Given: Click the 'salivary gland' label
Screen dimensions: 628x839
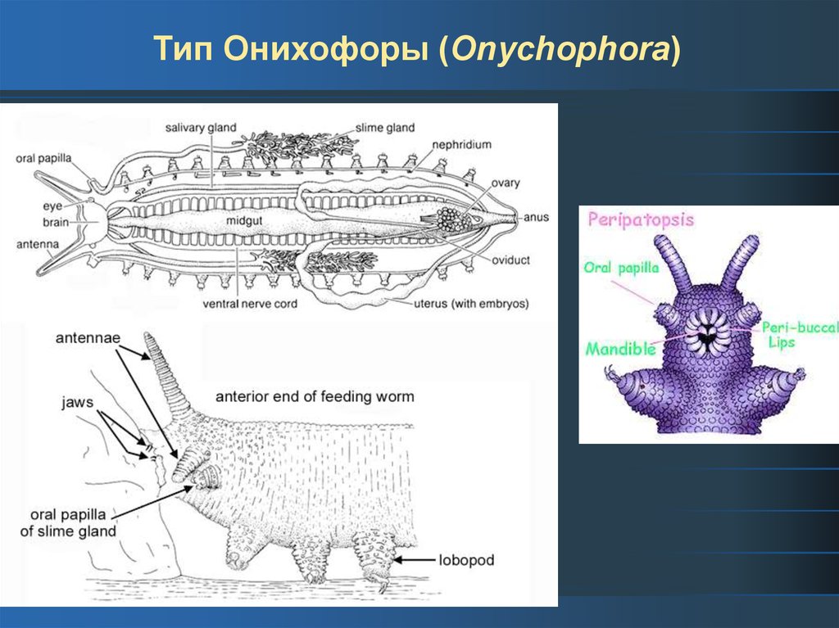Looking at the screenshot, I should coord(201,128).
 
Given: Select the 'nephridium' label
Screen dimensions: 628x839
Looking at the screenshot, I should coord(463,145).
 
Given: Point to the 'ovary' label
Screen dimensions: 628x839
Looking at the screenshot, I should coord(506,183).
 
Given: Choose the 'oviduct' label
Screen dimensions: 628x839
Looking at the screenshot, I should coord(512,260).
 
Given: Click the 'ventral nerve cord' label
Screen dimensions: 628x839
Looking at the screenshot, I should coord(249,304).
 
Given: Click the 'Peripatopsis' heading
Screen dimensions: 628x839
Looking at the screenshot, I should coord(642,219).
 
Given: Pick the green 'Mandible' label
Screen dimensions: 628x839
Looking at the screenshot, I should coord(620,349).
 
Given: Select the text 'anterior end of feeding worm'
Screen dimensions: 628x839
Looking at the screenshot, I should coord(315,397).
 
